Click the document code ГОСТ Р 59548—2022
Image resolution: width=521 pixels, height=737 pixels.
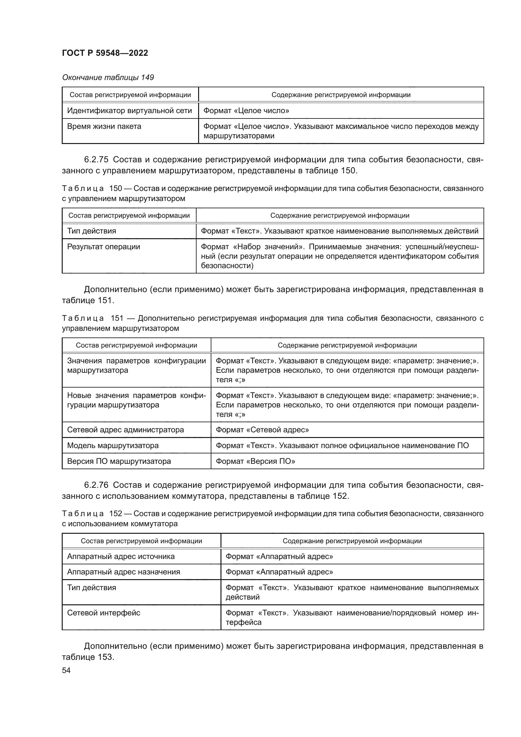tap(105, 53)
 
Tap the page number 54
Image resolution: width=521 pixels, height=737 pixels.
tap(66, 670)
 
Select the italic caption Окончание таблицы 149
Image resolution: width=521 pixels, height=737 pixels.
tap(108, 78)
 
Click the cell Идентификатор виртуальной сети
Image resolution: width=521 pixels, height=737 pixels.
tap(129, 111)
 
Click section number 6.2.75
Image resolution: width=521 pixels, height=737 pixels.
tap(96, 159)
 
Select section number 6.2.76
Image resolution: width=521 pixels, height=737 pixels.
tap(96, 485)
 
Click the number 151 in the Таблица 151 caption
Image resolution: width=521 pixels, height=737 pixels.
tap(117, 319)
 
